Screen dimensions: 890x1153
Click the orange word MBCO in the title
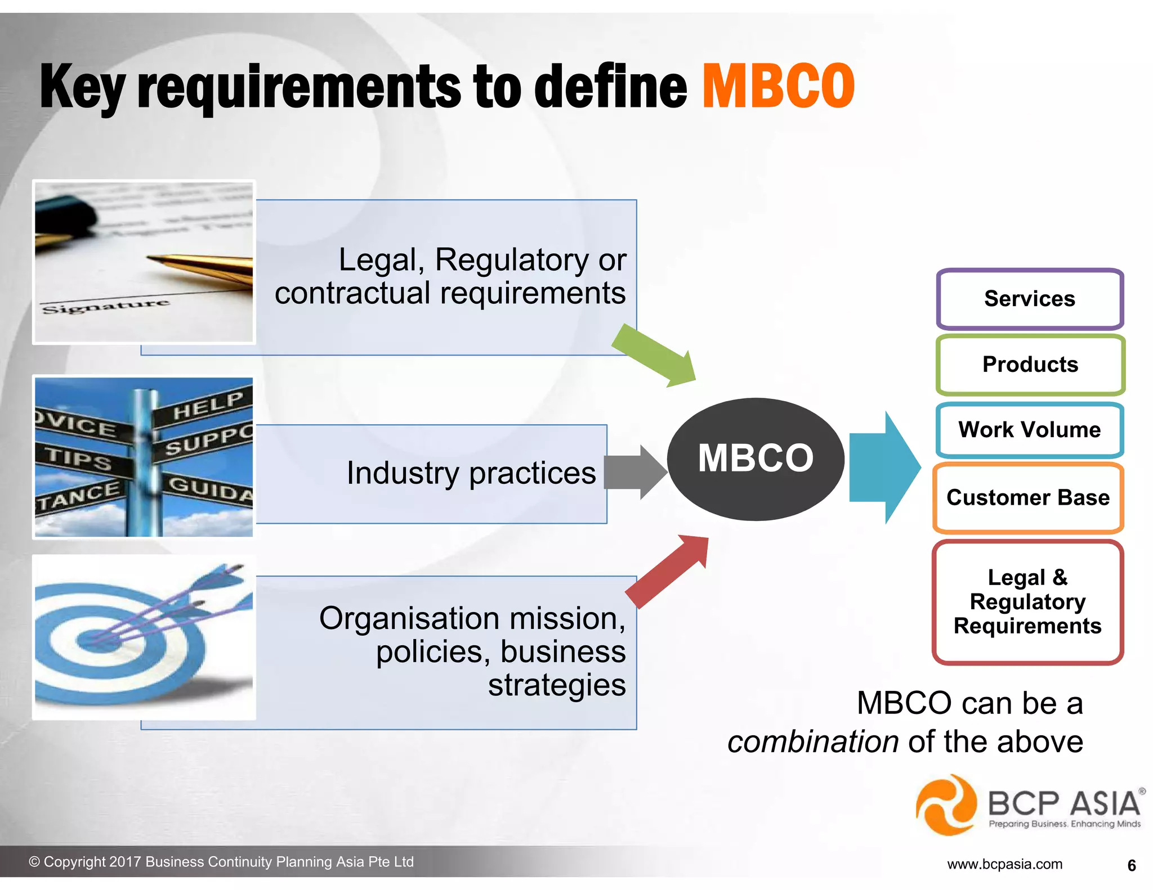coord(778,87)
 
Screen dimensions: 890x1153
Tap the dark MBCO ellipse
coord(756,459)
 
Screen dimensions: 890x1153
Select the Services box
coord(1030,299)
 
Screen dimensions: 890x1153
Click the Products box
coord(1030,365)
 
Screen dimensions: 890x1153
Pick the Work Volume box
coord(1030,430)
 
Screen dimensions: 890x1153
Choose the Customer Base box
coord(1028,498)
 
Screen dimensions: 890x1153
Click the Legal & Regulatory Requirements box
coord(1027,602)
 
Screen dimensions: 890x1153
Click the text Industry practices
coord(471,473)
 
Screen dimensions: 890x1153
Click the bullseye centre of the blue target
coord(90,639)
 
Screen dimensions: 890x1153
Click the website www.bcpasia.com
coord(1004,864)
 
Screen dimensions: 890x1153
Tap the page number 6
coord(1132,865)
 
